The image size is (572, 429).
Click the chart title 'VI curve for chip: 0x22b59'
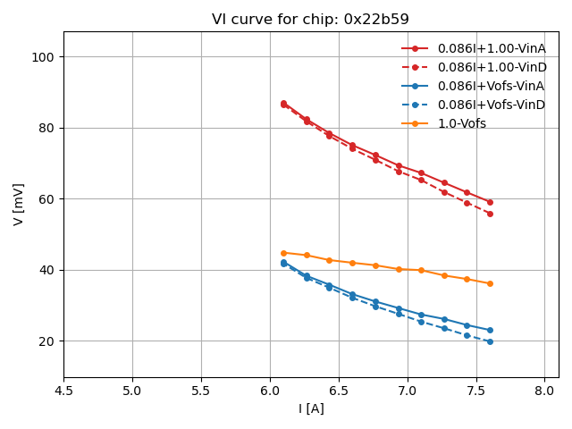(x=310, y=19)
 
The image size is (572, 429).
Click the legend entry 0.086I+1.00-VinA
(x=492, y=48)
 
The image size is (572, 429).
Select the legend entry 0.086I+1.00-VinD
(x=492, y=67)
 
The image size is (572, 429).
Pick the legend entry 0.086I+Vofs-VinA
(x=491, y=86)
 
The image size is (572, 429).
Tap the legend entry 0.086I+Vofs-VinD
(x=491, y=105)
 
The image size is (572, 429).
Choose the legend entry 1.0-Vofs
(x=461, y=123)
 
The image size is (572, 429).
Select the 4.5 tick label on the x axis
(x=63, y=391)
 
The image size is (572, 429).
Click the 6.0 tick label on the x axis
(x=270, y=391)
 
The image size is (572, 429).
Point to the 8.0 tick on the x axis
(x=545, y=391)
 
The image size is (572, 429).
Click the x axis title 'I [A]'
(x=310, y=408)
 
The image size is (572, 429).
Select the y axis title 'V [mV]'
(x=19, y=204)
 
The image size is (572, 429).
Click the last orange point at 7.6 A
(x=490, y=283)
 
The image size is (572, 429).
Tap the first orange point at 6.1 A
(x=283, y=253)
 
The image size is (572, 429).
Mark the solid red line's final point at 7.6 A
(x=490, y=202)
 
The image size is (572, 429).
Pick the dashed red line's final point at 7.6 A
(x=490, y=214)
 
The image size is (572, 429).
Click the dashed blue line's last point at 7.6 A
(x=490, y=341)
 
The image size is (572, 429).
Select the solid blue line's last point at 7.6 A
(x=490, y=330)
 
